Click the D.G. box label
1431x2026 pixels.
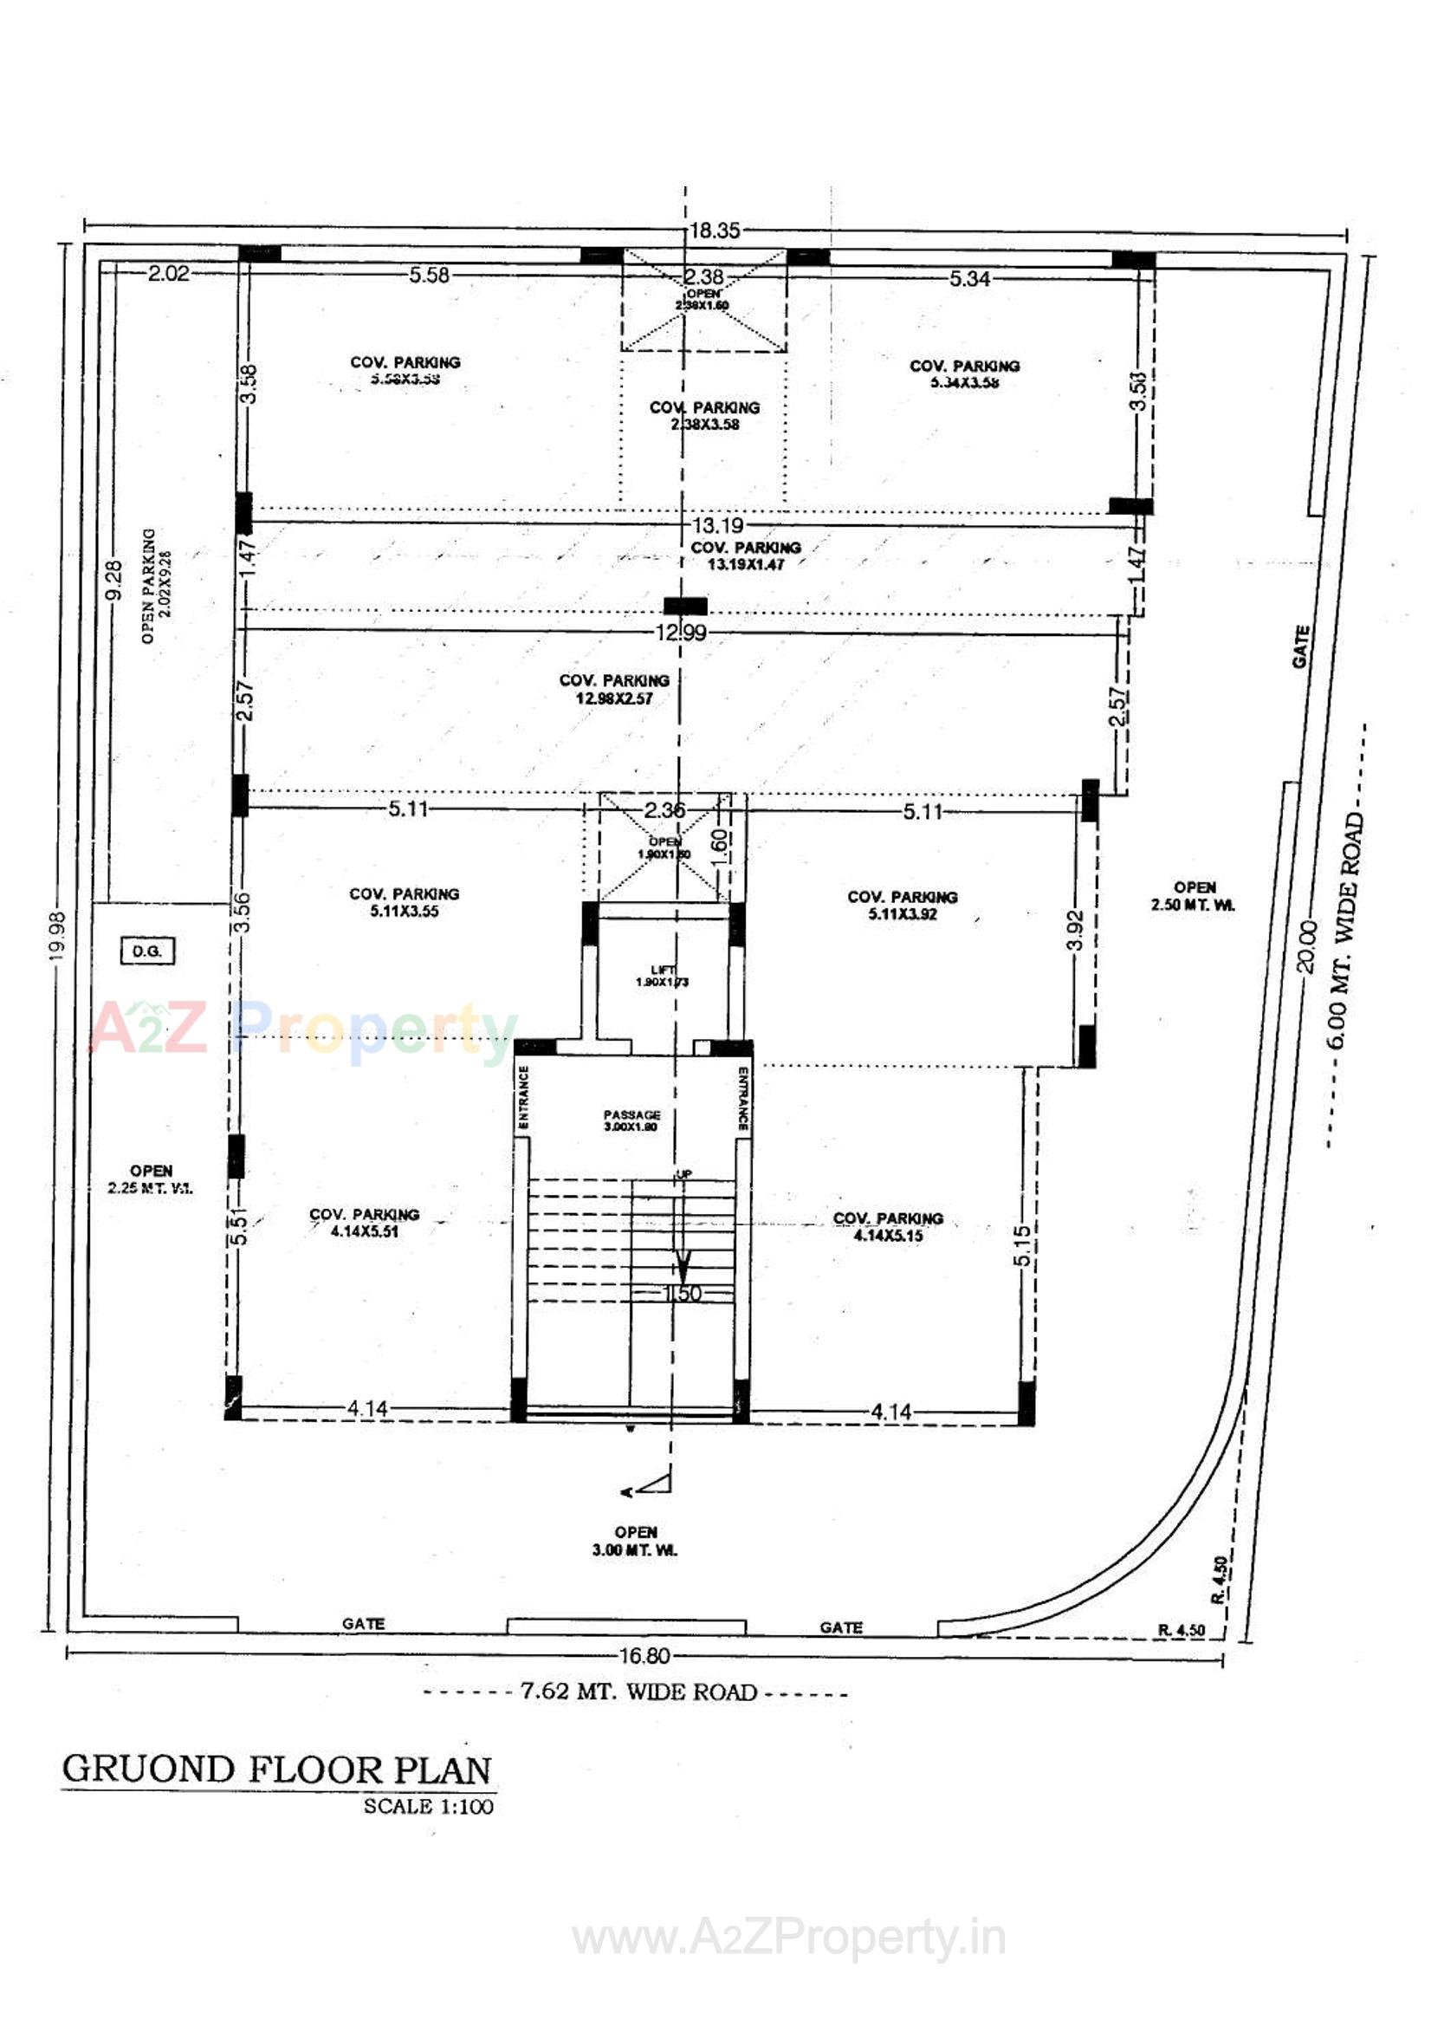(x=146, y=951)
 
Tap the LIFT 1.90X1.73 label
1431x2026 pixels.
(x=662, y=976)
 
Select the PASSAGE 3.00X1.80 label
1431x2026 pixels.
(x=631, y=1120)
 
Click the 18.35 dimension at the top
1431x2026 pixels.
(x=714, y=231)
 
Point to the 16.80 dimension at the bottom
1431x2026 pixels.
(x=644, y=1656)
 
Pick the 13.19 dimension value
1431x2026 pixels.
(x=717, y=526)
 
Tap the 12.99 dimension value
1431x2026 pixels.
(x=680, y=633)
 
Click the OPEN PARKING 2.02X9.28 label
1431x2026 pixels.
(x=156, y=586)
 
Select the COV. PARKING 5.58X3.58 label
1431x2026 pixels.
(x=405, y=371)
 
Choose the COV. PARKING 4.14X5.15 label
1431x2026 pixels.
(x=888, y=1227)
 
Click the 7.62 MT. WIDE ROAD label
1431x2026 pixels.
(x=638, y=1692)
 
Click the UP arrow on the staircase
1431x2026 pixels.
(x=682, y=1236)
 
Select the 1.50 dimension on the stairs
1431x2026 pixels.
(x=681, y=1295)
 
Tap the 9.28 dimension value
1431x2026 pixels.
(x=113, y=581)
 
